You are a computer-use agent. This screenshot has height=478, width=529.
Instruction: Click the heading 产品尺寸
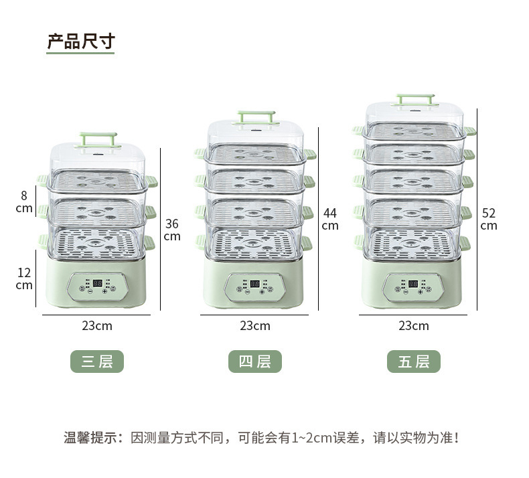tap(80, 42)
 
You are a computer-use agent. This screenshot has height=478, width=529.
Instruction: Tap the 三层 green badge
tap(97, 362)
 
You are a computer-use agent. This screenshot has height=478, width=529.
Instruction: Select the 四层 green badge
tap(254, 362)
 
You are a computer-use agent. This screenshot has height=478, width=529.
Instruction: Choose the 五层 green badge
tap(413, 362)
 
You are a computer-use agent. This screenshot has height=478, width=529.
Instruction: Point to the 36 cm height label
tap(172, 230)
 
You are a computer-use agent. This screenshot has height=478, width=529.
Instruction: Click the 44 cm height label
tap(330, 219)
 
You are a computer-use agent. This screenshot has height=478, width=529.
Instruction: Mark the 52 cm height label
tap(489, 219)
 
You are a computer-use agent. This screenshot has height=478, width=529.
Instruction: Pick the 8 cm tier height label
tap(24, 202)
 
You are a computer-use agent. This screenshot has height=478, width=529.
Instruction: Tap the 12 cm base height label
tap(24, 278)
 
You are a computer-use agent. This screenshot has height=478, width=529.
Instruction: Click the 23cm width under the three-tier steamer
tap(97, 326)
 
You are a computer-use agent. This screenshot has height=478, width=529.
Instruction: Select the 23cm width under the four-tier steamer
tap(255, 326)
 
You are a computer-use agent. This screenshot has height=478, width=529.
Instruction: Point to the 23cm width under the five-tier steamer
tap(414, 326)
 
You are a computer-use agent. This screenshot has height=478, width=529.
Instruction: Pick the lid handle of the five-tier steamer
tap(416, 100)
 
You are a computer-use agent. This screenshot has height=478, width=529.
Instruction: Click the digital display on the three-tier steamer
tap(97, 283)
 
